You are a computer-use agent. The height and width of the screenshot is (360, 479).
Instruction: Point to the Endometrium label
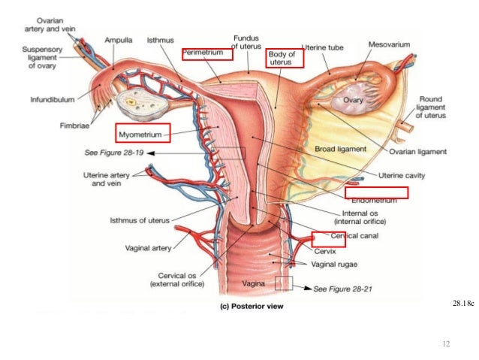[x=375, y=199]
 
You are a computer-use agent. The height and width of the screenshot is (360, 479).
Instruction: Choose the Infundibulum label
[x=54, y=98]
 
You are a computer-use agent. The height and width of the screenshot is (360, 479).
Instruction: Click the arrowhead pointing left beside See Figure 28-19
[x=150, y=153]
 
